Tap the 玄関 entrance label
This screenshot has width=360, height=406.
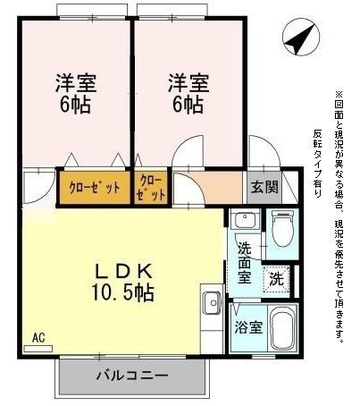(x=264, y=188)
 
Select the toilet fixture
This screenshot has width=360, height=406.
(x=282, y=229)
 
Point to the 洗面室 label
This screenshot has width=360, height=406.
(x=243, y=265)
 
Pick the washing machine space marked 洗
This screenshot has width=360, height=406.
(x=276, y=278)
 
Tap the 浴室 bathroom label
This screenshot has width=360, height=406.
(x=248, y=327)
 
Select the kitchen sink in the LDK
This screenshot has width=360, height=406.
(x=213, y=303)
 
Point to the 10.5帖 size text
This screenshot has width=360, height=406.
(x=122, y=292)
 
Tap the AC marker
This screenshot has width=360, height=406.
(x=38, y=338)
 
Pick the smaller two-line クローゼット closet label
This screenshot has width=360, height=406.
(x=152, y=187)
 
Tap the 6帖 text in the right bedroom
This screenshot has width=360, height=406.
(x=188, y=105)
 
